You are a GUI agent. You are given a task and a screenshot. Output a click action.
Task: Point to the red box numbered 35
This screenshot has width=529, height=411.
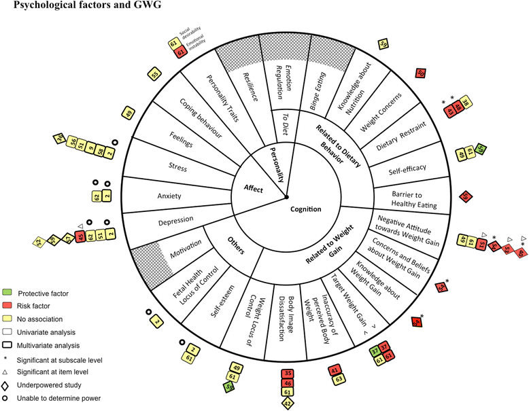288,374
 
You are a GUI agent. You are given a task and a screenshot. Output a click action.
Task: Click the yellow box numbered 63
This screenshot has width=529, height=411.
335,379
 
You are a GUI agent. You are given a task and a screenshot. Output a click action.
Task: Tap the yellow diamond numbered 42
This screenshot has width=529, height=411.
287,404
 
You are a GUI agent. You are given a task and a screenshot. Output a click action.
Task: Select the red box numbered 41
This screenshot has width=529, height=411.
335,370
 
